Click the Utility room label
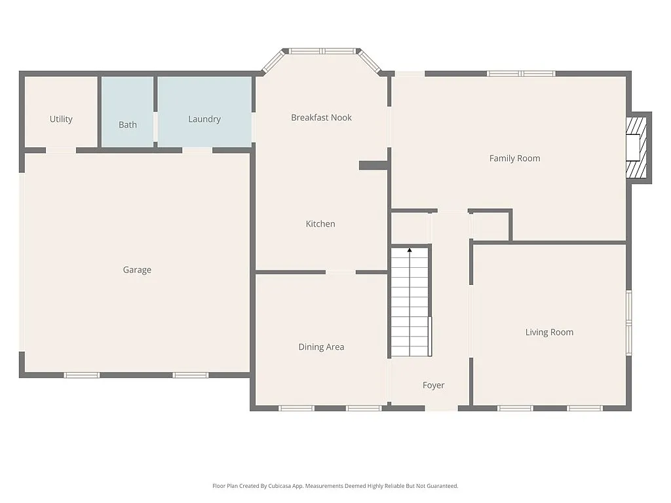[61, 119]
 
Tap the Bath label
[128, 124]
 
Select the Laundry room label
[204, 119]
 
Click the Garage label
[137, 270]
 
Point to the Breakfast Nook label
[321, 118]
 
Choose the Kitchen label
[320, 224]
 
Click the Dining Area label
[321, 347]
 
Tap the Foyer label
[433, 386]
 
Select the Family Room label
[514, 158]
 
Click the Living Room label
[549, 332]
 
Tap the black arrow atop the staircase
[410, 250]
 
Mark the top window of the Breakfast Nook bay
[322, 51]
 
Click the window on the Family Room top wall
[521, 73]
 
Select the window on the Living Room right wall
[628, 318]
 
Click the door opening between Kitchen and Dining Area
[340, 272]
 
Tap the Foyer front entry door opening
[441, 408]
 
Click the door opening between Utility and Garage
[61, 150]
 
